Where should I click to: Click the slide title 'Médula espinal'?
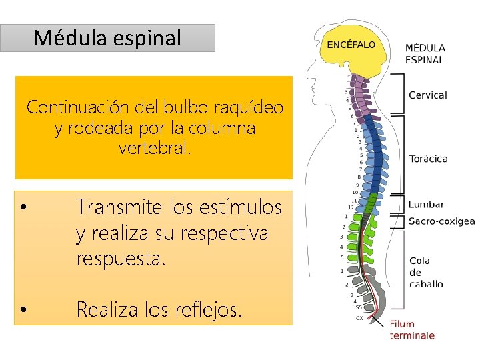[x=107, y=38]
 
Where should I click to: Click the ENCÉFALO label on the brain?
[x=351, y=45]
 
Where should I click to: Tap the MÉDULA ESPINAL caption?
[x=425, y=53]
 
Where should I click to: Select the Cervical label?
[x=427, y=95]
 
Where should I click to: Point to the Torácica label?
[x=428, y=159]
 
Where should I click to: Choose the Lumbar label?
[x=426, y=205]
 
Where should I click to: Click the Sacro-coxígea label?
[x=441, y=221]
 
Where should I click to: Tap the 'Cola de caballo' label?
[x=425, y=272]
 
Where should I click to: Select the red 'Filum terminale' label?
[x=412, y=329]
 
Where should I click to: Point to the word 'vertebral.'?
[x=155, y=148]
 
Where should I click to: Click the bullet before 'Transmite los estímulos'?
[x=23, y=208]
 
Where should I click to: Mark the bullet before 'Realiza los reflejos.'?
[x=23, y=310]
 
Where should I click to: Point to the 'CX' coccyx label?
[x=359, y=317]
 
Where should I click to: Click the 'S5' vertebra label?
[x=359, y=307]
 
